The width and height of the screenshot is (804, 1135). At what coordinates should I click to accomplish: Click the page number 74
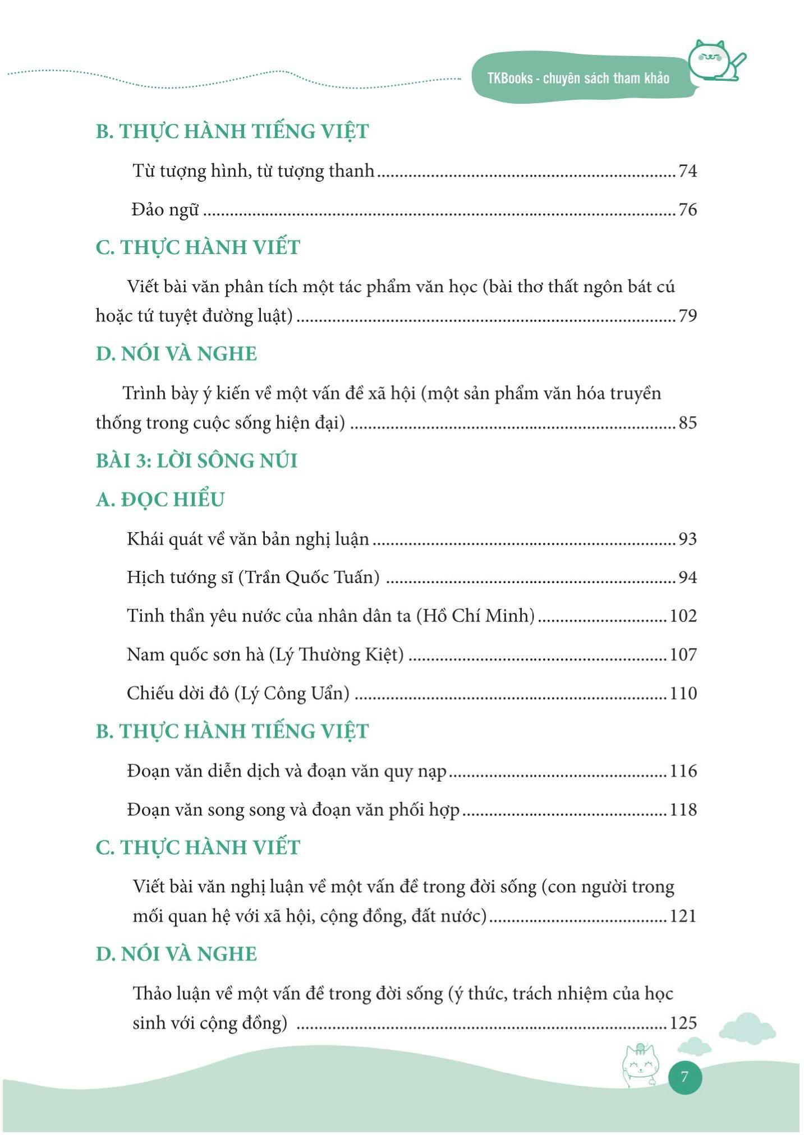(x=687, y=170)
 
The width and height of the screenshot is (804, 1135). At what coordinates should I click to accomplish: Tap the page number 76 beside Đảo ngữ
(x=687, y=210)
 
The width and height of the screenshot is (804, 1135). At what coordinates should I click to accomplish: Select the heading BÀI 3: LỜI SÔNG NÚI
(x=196, y=460)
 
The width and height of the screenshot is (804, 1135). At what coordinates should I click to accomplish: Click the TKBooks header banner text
(x=578, y=78)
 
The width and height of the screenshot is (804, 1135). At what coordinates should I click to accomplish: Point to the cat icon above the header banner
(x=715, y=61)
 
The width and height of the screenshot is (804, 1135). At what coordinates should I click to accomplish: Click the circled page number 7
(x=684, y=1077)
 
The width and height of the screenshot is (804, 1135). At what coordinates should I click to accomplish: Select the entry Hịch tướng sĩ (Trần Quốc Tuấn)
(x=253, y=577)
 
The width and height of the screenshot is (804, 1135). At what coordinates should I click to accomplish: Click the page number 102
(x=683, y=616)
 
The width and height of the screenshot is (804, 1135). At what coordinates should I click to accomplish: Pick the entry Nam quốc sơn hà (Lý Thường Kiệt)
(x=265, y=654)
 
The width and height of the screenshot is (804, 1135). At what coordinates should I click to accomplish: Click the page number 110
(x=683, y=693)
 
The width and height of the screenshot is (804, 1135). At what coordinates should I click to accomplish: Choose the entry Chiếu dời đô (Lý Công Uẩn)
(x=238, y=693)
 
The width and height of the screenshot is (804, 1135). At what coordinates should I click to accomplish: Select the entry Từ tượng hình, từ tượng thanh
(x=253, y=170)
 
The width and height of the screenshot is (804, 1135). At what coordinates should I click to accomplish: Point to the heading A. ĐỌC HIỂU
(x=160, y=499)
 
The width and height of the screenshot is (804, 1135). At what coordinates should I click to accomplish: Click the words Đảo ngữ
(x=165, y=210)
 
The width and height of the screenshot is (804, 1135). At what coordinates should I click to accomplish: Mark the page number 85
(x=687, y=422)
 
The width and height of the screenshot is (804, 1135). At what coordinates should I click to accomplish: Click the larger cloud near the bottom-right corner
(x=747, y=1027)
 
